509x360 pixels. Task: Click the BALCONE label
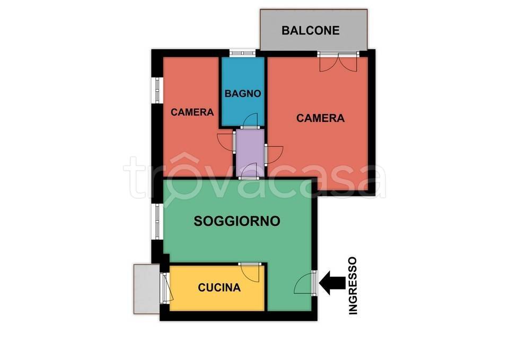pos(310,31)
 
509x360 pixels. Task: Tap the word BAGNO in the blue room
pos(243,93)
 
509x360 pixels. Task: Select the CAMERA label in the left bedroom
pos(192,112)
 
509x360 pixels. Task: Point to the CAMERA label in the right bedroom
pos(320,118)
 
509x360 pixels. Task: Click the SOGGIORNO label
pos(237,221)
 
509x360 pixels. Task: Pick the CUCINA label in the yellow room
pos(220,287)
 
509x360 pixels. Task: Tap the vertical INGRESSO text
pos(353,286)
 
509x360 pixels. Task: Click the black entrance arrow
pos(332,283)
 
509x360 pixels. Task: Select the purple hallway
pos(250,153)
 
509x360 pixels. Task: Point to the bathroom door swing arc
pos(251,120)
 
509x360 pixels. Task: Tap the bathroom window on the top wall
pos(242,53)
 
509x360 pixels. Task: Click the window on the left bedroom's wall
pos(157,90)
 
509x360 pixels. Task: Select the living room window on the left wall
pos(157,222)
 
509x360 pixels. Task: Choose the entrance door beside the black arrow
pos(305,283)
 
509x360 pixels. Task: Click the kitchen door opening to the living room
pos(249,271)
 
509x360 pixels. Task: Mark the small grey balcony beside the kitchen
pos(147,289)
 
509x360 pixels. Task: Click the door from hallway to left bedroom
pos(226,142)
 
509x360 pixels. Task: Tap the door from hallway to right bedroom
pos(274,154)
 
